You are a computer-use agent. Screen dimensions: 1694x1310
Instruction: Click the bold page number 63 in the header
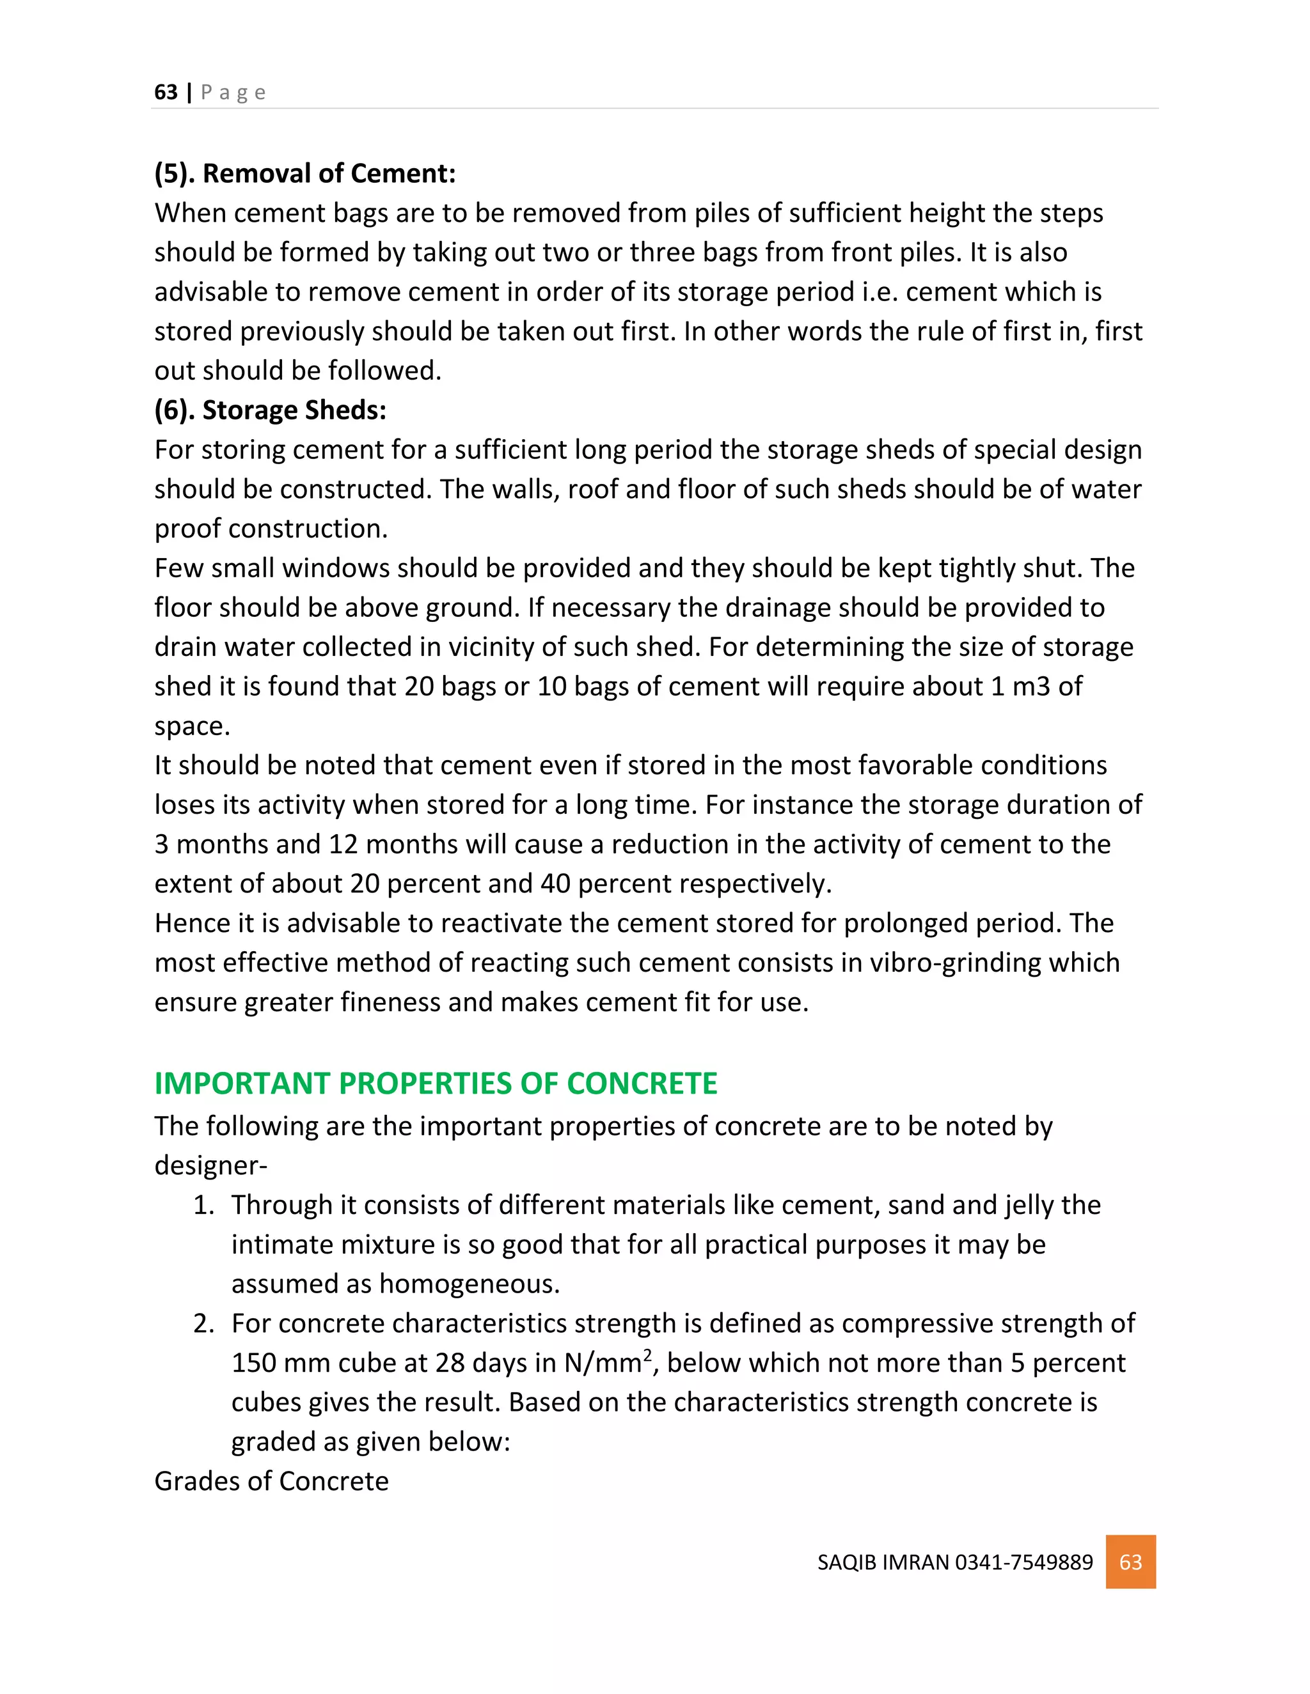[165, 92]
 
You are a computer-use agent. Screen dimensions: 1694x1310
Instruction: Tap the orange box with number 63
[1130, 1562]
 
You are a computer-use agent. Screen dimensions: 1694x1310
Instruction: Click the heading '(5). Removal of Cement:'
[305, 173]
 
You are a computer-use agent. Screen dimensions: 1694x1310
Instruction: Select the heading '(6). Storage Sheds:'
[270, 410]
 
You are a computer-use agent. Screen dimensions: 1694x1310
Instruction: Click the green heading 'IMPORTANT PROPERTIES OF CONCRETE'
[436, 1083]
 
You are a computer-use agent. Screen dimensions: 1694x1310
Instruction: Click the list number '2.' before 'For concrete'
[203, 1323]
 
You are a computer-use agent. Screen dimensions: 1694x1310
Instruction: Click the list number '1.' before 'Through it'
[203, 1204]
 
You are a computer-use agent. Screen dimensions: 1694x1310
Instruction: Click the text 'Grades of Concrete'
[271, 1480]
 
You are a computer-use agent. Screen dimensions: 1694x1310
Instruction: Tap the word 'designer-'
[210, 1165]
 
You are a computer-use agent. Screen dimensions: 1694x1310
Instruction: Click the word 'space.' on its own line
[192, 726]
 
